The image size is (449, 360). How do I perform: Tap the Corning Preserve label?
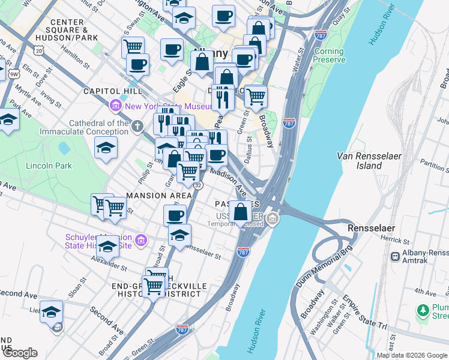pyautogui.click(x=329, y=56)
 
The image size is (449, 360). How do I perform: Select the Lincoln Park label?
pyautogui.click(x=49, y=166)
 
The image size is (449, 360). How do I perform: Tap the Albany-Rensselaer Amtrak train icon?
pyautogui.click(x=396, y=256)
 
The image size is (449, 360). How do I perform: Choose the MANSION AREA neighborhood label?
pyautogui.click(x=159, y=196)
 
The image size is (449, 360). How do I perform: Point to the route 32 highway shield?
pyautogui.click(x=198, y=185)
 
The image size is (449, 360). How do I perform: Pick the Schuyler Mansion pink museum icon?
pyautogui.click(x=141, y=241)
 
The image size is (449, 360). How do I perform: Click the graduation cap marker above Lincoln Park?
pyautogui.click(x=106, y=148)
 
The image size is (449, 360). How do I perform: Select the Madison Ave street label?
pyautogui.click(x=229, y=182)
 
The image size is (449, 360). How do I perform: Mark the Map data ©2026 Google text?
pyautogui.click(x=412, y=355)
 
